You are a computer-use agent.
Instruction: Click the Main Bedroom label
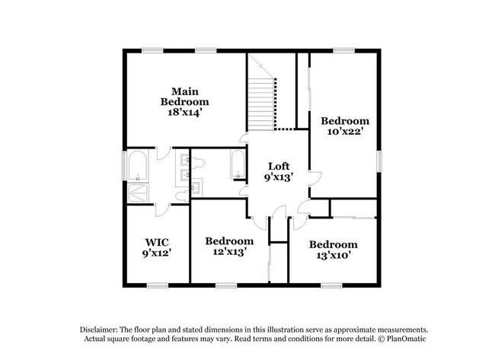click(185, 97)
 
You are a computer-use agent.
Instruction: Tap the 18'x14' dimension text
click(185, 113)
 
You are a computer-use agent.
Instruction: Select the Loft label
click(279, 166)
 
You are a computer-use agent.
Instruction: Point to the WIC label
click(157, 242)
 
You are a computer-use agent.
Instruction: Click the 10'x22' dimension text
click(345, 131)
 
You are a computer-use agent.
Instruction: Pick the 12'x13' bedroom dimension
click(229, 252)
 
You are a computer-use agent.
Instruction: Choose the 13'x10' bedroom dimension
click(334, 255)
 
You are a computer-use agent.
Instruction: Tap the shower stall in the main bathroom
click(138, 193)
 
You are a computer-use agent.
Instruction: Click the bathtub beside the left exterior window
click(138, 166)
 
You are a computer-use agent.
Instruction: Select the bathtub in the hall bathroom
click(238, 164)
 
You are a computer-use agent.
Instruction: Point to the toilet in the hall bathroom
click(198, 163)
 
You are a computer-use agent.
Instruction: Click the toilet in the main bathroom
click(182, 196)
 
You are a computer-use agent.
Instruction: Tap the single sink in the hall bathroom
click(196, 187)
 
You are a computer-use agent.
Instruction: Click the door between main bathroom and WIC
click(163, 211)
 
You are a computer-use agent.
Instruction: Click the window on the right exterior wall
click(379, 161)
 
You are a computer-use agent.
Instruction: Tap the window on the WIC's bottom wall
click(158, 285)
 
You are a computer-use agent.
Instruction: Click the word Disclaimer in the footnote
click(98, 330)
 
